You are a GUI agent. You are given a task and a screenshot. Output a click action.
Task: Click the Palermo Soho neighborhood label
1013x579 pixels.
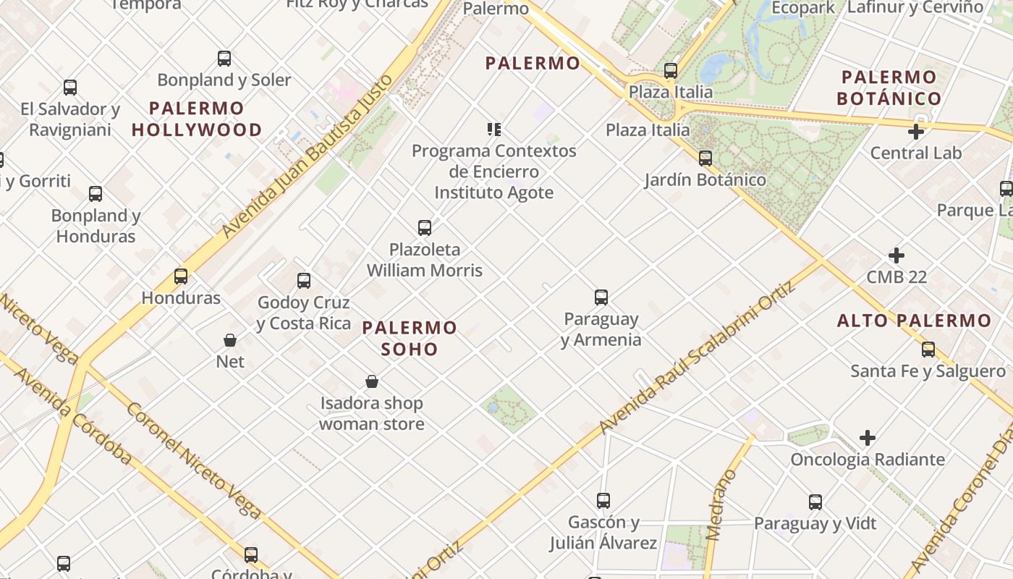click(410, 338)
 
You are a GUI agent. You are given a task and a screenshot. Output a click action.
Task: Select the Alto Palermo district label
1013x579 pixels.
click(914, 321)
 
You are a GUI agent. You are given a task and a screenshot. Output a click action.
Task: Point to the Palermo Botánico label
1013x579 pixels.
click(889, 88)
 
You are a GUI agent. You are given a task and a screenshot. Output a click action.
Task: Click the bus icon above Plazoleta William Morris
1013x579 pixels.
click(425, 228)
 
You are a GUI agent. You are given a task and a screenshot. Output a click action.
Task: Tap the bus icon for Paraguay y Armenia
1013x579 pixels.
click(601, 297)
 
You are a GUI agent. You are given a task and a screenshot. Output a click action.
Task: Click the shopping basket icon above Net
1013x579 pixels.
click(230, 339)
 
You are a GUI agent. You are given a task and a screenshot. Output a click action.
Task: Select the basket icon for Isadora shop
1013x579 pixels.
click(372, 381)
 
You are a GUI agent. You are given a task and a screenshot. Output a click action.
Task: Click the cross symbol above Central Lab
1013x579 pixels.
click(916, 132)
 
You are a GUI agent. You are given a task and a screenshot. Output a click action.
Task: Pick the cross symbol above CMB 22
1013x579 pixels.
click(897, 255)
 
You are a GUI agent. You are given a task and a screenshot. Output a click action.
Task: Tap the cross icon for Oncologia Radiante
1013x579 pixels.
click(868, 438)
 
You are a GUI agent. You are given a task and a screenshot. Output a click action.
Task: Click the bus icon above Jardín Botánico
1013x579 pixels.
click(705, 158)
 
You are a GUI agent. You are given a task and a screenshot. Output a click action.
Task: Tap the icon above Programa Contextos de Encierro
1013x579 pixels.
click(494, 130)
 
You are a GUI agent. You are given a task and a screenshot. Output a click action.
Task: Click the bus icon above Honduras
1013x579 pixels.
click(181, 276)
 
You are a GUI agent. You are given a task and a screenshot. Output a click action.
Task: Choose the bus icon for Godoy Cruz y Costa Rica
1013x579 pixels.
click(304, 280)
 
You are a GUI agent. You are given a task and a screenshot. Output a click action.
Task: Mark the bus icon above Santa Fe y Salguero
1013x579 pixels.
click(928, 350)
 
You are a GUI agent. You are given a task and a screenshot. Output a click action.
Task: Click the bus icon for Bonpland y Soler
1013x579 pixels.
click(224, 58)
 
